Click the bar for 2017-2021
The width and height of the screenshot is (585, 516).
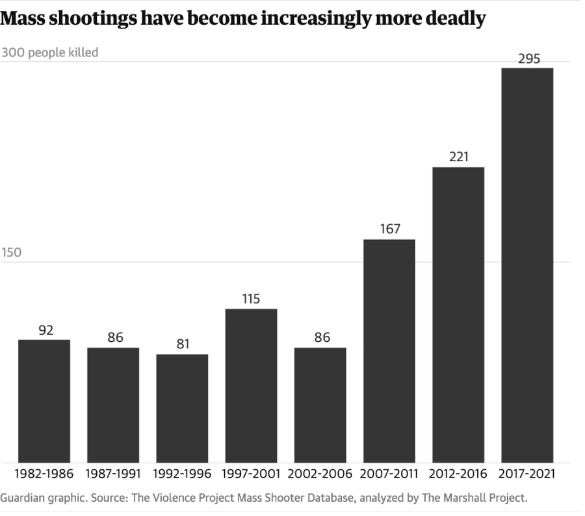pyautogui.click(x=527, y=265)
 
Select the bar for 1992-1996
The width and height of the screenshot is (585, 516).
pyautogui.click(x=182, y=408)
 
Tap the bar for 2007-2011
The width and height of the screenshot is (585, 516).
pyautogui.click(x=389, y=351)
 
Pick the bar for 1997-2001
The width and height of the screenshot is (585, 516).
pyautogui.click(x=251, y=385)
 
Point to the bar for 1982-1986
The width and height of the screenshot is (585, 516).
pyautogui.click(x=44, y=401)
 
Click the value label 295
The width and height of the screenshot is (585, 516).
pyautogui.click(x=528, y=59)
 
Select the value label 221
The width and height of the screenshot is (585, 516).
pyautogui.click(x=458, y=157)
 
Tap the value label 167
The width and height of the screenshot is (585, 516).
pyautogui.click(x=389, y=229)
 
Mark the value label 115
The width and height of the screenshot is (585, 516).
pyautogui.click(x=251, y=299)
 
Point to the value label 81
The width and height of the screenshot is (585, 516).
pyautogui.click(x=183, y=344)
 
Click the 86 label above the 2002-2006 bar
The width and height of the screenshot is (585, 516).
pyautogui.click(x=321, y=337)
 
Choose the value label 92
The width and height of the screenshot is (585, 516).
pyautogui.click(x=45, y=330)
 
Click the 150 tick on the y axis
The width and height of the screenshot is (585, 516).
pyautogui.click(x=11, y=253)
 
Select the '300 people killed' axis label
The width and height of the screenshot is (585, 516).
pyautogui.click(x=49, y=52)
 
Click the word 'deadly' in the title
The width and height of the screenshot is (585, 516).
pyautogui.click(x=453, y=18)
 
